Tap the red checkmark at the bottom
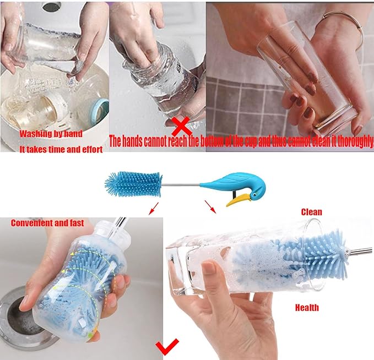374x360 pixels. pyautogui.click(x=167, y=347)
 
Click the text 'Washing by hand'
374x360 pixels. pyautogui.click(x=51, y=134)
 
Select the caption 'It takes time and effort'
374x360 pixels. pyautogui.click(x=61, y=149)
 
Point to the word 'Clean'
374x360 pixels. pyautogui.click(x=311, y=212)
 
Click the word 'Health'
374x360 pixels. pyautogui.click(x=307, y=308)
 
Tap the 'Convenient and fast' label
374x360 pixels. pyautogui.click(x=47, y=223)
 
